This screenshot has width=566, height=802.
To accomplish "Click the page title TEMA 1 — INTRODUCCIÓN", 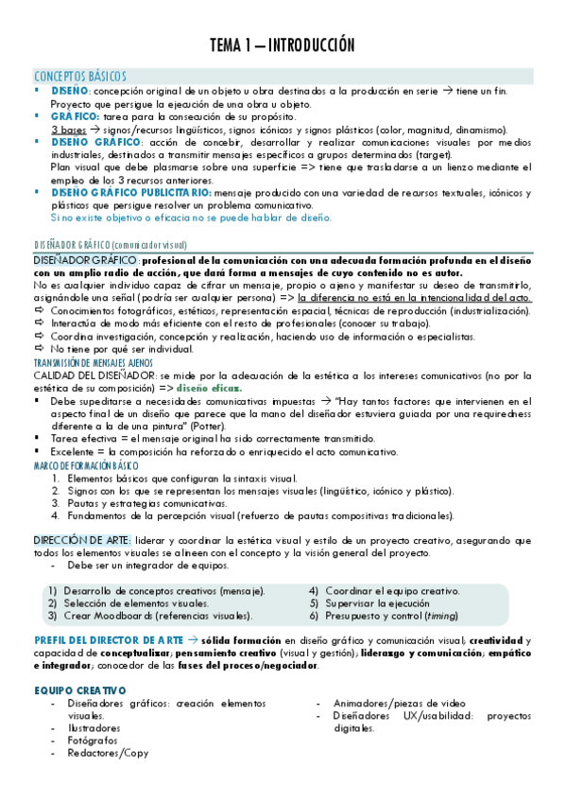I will click(283, 44).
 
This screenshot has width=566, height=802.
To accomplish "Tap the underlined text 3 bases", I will click(68, 129).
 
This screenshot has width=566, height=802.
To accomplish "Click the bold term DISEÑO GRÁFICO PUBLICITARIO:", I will click(131, 192).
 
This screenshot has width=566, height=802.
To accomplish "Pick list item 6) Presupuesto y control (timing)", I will click(387, 616).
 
